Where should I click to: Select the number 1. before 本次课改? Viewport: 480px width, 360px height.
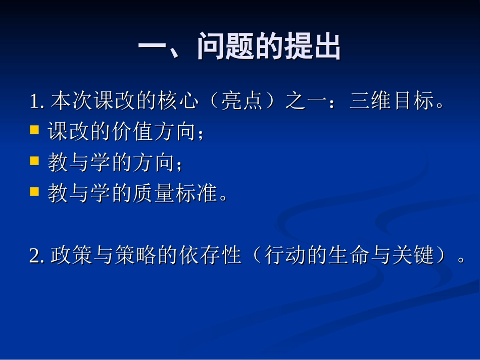coord(38,102)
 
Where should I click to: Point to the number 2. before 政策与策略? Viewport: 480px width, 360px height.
coord(38,256)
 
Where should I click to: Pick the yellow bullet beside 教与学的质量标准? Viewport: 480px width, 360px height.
coord(34,191)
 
